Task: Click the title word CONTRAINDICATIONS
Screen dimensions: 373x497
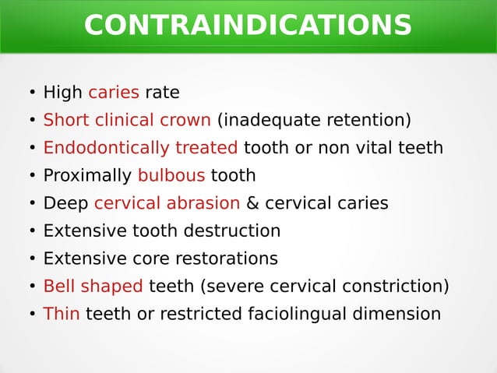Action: point(248,26)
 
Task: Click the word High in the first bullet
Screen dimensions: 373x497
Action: point(63,93)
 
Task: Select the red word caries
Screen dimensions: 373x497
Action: point(114,93)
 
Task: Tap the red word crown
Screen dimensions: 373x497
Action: point(185,121)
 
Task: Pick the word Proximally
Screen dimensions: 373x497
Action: point(87,176)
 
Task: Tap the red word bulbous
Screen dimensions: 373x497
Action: point(171,176)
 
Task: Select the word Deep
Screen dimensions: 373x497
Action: point(65,203)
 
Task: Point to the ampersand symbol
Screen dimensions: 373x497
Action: point(252,203)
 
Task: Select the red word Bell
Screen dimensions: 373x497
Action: point(58,287)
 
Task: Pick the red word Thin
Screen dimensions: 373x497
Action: point(62,314)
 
